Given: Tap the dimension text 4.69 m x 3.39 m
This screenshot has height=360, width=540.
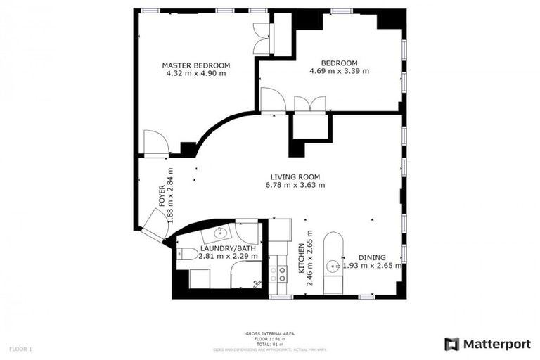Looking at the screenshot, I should [340, 71].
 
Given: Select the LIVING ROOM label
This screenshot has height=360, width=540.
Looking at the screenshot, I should [295, 176].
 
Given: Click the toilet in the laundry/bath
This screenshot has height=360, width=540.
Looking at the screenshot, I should [184, 254].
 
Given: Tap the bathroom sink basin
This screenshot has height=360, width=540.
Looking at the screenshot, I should [216, 233].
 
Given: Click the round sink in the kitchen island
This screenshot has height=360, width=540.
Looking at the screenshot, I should [333, 266].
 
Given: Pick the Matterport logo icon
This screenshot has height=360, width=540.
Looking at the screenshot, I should [452, 344].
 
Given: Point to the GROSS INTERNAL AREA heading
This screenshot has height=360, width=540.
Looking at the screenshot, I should [270, 334].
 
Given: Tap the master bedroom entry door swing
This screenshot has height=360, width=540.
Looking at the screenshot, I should [155, 143].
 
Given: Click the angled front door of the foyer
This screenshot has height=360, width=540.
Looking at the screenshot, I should [152, 226].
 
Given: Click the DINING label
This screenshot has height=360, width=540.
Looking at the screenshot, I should [372, 257].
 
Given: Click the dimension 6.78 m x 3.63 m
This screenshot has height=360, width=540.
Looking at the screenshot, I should [295, 186].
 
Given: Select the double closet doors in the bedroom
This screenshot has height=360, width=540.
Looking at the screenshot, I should [311, 104].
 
